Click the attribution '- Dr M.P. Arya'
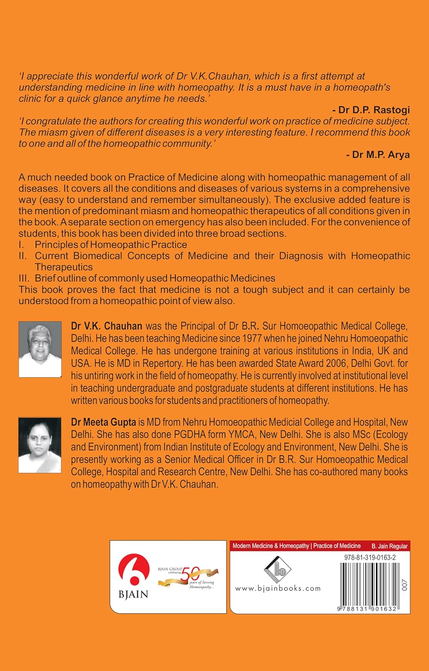(378, 155)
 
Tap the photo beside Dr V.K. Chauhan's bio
(40, 349)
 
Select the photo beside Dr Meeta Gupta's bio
(40, 445)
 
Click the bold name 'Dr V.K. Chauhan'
(106, 326)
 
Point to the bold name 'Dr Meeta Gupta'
(103, 422)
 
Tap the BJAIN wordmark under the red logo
(133, 595)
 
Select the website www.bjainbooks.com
(278, 588)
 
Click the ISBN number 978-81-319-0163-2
(370, 558)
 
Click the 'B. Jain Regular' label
(389, 546)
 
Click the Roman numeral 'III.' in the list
(24, 278)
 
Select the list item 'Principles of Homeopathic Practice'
(111, 245)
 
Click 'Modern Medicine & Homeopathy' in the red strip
(271, 546)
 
